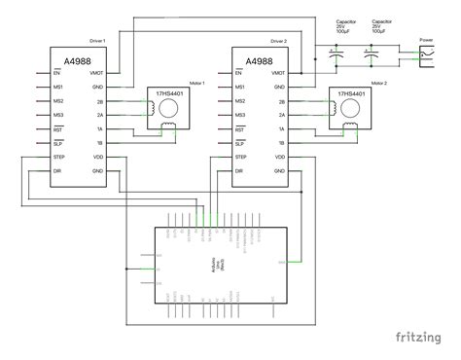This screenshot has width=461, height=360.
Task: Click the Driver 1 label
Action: tap(96, 42)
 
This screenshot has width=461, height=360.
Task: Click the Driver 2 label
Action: tap(279, 42)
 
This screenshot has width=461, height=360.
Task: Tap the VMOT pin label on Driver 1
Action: tap(97, 73)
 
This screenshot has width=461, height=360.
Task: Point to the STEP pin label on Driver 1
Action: tap(59, 156)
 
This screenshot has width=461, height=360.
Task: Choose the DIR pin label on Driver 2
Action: tap(240, 169)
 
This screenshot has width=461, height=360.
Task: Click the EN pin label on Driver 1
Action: tap(57, 73)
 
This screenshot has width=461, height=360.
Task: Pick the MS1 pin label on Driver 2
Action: tap(240, 87)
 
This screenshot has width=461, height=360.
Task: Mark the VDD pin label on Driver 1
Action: tap(98, 156)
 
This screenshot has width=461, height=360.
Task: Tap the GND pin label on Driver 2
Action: tap(281, 87)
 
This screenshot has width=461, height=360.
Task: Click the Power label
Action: tap(426, 40)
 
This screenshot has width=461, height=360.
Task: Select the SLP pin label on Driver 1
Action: tap(58, 142)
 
